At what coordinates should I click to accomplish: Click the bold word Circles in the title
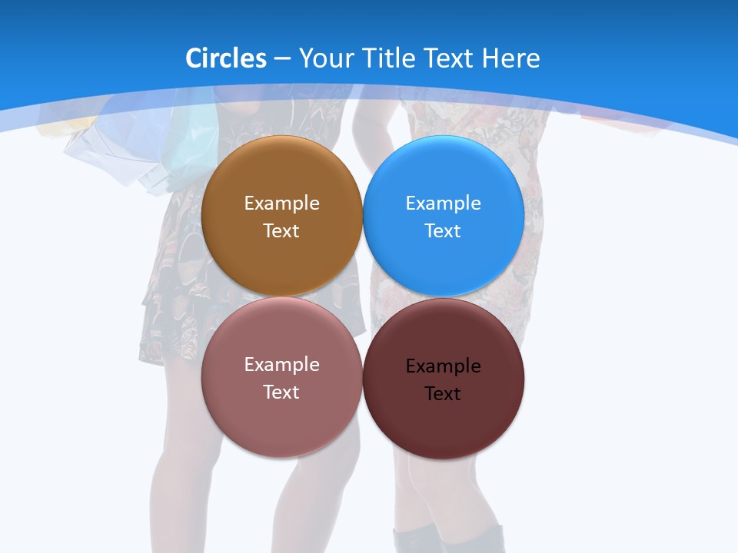click(226, 58)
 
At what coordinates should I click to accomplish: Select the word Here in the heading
click(510, 58)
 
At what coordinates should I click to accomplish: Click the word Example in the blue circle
click(444, 204)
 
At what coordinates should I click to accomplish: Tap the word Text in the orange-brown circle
click(281, 231)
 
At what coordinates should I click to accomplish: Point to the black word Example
click(444, 366)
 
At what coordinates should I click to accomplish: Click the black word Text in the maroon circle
click(443, 394)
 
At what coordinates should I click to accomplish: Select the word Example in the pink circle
click(281, 365)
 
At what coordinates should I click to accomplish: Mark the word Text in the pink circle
click(281, 392)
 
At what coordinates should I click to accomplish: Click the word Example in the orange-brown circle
click(281, 204)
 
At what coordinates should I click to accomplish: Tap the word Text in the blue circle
click(443, 231)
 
